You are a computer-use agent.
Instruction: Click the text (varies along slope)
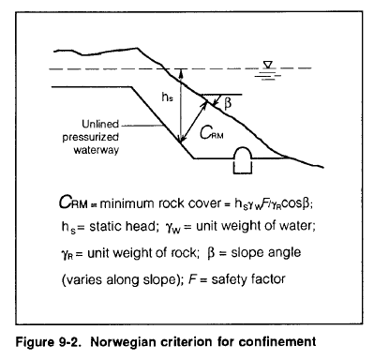pos(118,279)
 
